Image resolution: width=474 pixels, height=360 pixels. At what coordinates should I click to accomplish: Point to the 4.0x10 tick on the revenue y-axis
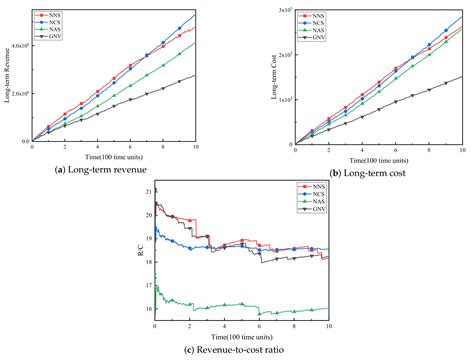pyautogui.click(x=22, y=46)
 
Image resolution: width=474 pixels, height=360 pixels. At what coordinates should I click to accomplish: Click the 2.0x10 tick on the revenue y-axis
pyautogui.click(x=22, y=94)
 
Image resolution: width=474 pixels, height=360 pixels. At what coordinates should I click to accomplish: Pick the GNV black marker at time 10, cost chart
pyautogui.click(x=462, y=76)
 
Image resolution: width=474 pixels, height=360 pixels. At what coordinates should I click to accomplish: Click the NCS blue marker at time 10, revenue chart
pyautogui.click(x=195, y=14)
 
